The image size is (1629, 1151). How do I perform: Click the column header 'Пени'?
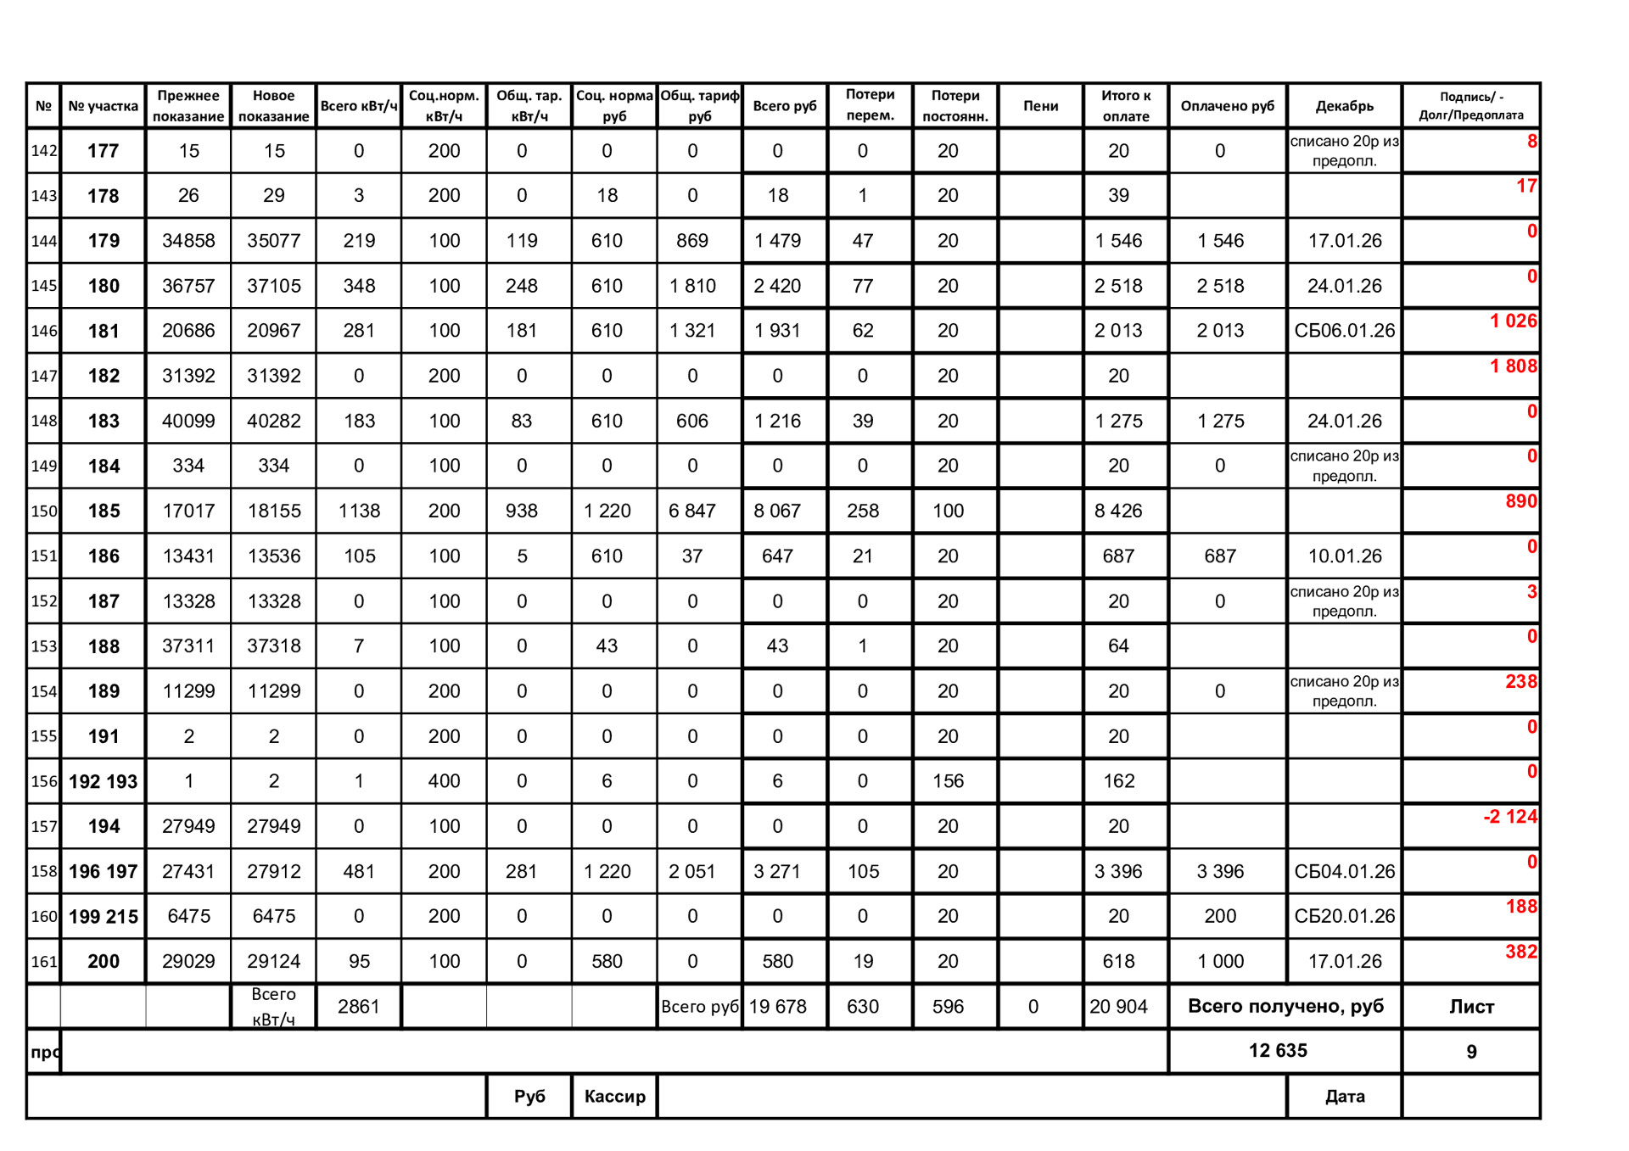tap(1040, 106)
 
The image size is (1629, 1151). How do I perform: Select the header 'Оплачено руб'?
tap(1227, 106)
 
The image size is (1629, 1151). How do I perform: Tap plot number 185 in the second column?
tap(104, 511)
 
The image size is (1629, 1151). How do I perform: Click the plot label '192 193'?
tap(103, 781)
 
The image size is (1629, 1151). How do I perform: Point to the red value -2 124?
tap(1509, 817)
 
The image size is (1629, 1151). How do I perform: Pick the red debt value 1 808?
tap(1513, 366)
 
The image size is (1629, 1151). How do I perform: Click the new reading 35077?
tap(273, 241)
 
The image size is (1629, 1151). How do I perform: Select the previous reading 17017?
tap(188, 511)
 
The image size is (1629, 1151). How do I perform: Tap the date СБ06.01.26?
tap(1344, 331)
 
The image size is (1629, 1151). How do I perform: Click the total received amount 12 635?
tap(1278, 1051)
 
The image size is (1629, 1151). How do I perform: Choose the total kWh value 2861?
tap(358, 1007)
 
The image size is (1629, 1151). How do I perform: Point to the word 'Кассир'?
tap(614, 1096)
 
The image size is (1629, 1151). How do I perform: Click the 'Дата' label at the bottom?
tap(1344, 1096)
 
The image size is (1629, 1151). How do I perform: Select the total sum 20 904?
tap(1118, 1007)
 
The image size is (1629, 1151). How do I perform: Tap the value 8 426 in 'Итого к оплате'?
tap(1118, 511)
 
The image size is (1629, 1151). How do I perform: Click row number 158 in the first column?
tap(44, 871)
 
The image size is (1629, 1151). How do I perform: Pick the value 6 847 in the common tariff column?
tap(692, 511)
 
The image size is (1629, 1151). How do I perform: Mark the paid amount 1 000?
tap(1220, 961)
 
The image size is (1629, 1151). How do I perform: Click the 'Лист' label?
tap(1471, 1007)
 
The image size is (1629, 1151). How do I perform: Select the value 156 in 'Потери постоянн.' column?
tap(948, 781)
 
